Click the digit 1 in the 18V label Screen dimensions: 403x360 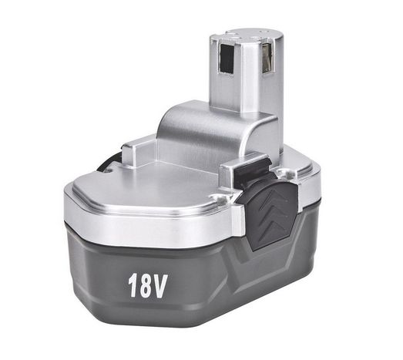tap(133, 285)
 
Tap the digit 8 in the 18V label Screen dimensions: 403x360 tap(146, 285)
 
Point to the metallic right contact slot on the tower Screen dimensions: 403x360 tap(267, 58)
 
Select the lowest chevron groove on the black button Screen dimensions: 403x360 tap(274, 227)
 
